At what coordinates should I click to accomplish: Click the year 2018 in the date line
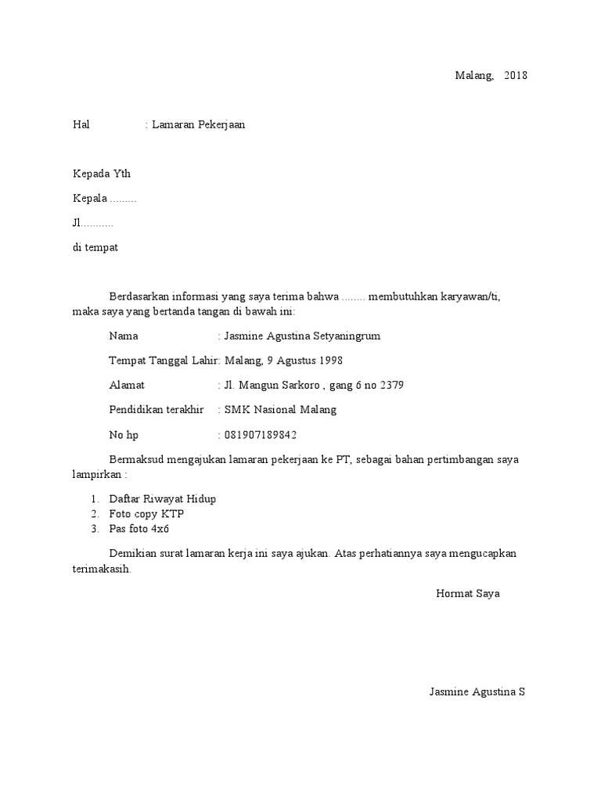coord(516,76)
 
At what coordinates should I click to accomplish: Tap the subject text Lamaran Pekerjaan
coord(199,124)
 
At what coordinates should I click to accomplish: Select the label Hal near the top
coord(81,124)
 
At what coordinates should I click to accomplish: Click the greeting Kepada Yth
coord(96,174)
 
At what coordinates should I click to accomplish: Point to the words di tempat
coord(95,247)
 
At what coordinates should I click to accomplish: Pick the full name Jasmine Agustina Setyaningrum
coord(302,336)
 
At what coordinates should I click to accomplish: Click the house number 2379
coord(391,386)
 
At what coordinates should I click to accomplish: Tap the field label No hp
coord(124,435)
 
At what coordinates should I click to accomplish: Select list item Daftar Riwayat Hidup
coord(162,499)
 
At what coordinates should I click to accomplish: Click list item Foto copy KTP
coord(146,514)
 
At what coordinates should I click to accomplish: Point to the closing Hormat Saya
coord(467,594)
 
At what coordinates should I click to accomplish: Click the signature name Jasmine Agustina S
coord(477,692)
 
